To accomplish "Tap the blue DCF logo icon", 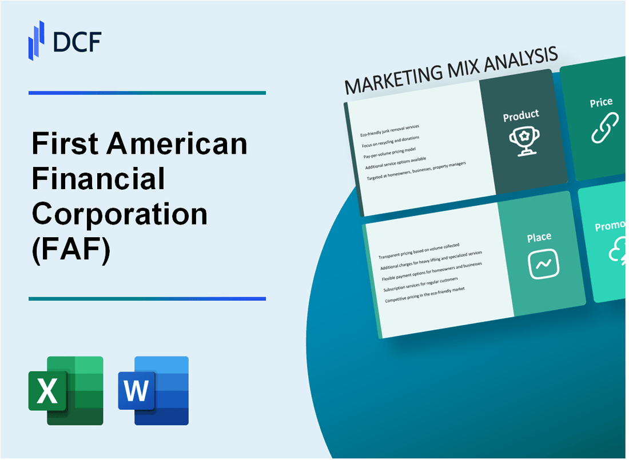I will coord(37,40).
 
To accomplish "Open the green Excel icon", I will coord(66,391).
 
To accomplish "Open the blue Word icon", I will coord(153,391).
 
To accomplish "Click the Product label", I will coord(520,115).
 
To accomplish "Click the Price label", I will coord(601,103).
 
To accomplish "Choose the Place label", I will coord(539,237).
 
